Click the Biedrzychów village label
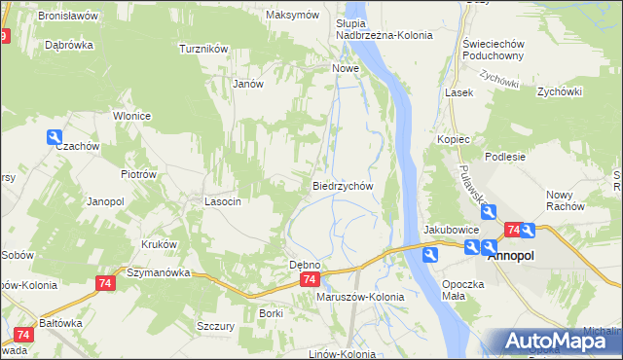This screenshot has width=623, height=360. tap(343, 185)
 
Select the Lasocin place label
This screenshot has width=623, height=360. tap(222, 201)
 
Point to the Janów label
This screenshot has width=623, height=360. tap(249, 84)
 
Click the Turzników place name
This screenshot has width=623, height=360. tap(203, 48)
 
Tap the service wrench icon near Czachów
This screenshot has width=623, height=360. tap(54, 138)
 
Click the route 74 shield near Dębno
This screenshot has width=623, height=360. tap(309, 279)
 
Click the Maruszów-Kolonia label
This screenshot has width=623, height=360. tap(360, 297)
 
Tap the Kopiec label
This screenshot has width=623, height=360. tap(454, 140)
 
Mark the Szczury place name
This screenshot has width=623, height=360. tap(215, 326)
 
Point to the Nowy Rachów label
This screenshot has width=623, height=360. tap(565, 200)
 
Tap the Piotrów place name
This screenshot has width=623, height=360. tap(138, 174)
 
